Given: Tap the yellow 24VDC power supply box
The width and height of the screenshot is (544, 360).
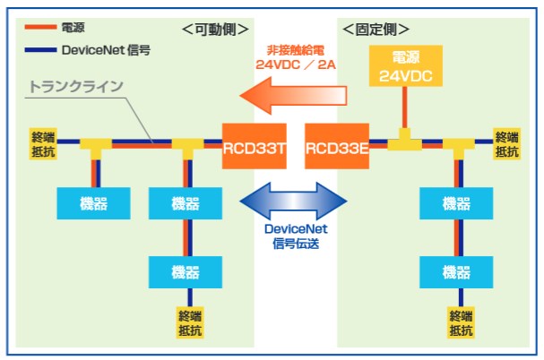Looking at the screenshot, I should [x=405, y=69].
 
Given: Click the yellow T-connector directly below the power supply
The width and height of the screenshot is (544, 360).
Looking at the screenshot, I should [x=404, y=139].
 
